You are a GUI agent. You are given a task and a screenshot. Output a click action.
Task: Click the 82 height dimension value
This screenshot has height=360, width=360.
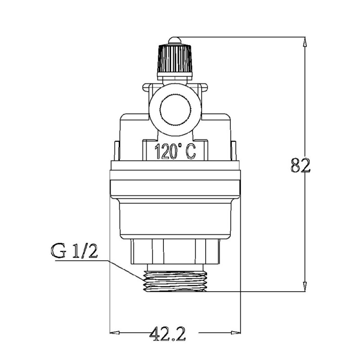[300, 165]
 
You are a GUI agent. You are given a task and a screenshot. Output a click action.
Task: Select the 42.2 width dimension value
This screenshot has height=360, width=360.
[167, 333]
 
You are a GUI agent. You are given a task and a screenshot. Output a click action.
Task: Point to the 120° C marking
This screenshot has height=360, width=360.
[175, 151]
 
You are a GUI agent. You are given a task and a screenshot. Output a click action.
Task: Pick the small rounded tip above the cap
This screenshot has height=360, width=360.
[175, 41]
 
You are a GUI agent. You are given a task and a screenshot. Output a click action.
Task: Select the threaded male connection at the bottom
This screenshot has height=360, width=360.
[175, 281]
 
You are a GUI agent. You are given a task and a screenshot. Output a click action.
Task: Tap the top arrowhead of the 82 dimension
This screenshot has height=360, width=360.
[305, 42]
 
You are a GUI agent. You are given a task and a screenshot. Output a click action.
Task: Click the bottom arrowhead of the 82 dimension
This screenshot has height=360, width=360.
[305, 287]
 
